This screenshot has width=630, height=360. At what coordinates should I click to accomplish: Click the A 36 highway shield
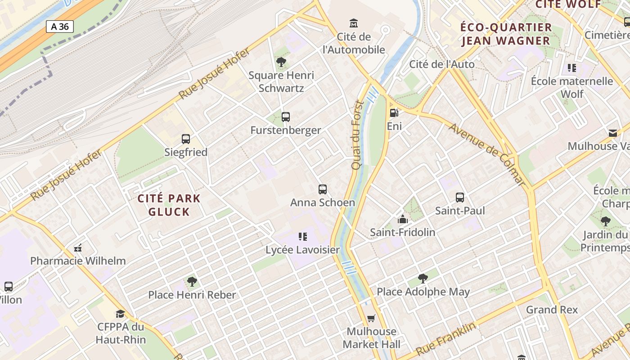click(x=59, y=27)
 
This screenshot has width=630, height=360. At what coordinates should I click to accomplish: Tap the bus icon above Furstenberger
click(x=285, y=117)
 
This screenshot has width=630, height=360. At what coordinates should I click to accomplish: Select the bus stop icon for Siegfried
click(x=185, y=139)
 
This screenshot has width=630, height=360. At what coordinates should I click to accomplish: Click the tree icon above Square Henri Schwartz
click(x=281, y=62)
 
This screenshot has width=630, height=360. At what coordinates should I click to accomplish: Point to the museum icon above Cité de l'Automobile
click(x=354, y=23)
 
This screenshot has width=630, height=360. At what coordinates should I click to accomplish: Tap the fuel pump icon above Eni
click(x=394, y=113)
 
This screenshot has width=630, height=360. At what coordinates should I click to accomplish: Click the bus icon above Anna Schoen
click(x=322, y=189)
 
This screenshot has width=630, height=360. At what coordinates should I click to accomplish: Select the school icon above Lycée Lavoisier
click(x=302, y=237)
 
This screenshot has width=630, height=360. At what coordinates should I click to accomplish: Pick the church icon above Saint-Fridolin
click(x=402, y=219)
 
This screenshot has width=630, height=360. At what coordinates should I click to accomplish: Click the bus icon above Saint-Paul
click(x=459, y=198)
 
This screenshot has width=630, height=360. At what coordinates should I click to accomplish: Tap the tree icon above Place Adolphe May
click(x=423, y=279)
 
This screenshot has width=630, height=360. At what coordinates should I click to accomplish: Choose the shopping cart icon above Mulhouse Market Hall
click(x=371, y=319)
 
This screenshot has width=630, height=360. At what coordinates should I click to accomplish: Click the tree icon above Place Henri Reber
click(x=192, y=282)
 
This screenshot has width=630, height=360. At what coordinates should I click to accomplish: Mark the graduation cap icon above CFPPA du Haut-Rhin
click(x=120, y=314)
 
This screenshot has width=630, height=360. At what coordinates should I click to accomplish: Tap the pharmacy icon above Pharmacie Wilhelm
click(x=78, y=247)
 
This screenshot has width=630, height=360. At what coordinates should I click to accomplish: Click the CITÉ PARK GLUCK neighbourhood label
click(x=169, y=205)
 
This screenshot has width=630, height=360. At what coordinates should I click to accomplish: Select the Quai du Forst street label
click(x=357, y=135)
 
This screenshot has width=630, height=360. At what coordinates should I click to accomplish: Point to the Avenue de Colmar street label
click(x=487, y=154)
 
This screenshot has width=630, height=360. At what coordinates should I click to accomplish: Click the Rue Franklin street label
click(x=445, y=338)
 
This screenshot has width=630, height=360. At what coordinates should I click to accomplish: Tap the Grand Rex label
click(x=552, y=310)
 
